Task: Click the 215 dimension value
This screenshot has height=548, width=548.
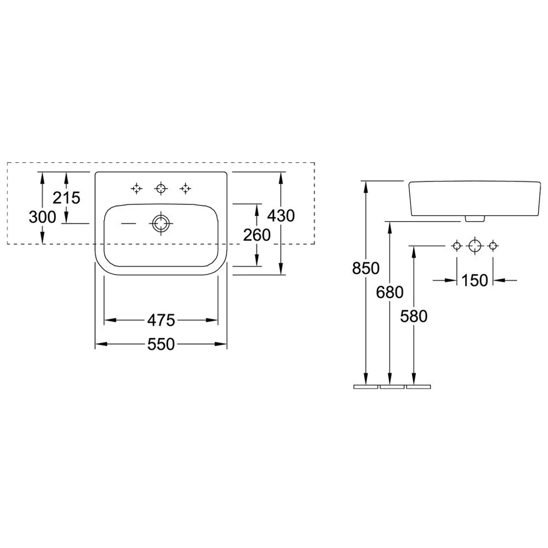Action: pos(66,198)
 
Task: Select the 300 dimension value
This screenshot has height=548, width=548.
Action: pos(42,217)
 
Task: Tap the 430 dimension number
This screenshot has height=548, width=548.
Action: pos(281,215)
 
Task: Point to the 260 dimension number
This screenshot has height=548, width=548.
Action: pos(257,235)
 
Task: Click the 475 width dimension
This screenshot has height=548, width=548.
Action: pos(161,320)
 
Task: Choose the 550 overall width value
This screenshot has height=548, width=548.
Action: pos(161,344)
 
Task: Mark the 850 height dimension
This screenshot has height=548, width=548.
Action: pos(366,269)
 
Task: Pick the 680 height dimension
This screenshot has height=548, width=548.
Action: pos(390,292)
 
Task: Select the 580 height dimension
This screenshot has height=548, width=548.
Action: pos(414,316)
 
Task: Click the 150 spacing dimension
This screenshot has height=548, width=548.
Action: pos(475,280)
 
